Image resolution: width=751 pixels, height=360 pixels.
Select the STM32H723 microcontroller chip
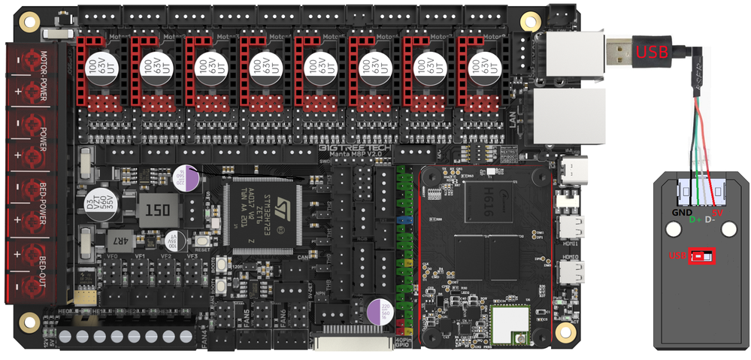point(264,215)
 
